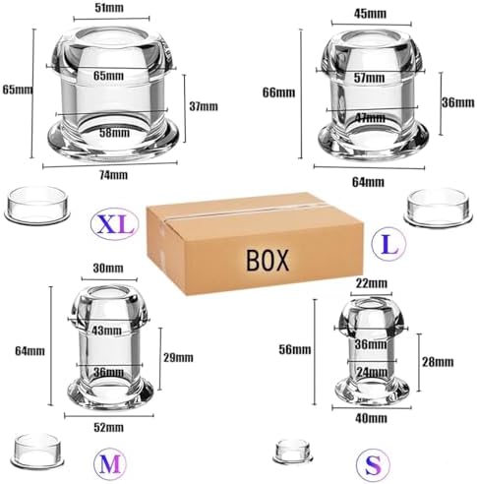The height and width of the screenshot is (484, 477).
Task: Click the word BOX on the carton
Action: click(x=268, y=260)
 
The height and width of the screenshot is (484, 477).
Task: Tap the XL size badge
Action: click(x=115, y=223)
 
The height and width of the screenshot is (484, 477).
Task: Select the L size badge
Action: click(x=389, y=243)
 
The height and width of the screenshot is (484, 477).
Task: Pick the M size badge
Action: click(x=109, y=463)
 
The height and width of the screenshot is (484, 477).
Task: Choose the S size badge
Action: click(x=373, y=464)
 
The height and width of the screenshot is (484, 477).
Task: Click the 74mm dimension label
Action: click(x=113, y=175)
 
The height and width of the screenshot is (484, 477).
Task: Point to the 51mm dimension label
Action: click(x=109, y=8)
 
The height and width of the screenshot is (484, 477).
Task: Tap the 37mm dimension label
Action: click(x=204, y=106)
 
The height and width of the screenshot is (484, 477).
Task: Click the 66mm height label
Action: click(x=278, y=92)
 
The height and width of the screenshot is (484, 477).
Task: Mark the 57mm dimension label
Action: click(x=369, y=78)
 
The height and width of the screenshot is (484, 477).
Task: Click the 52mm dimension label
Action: click(x=108, y=427)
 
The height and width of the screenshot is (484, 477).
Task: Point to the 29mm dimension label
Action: click(x=178, y=357)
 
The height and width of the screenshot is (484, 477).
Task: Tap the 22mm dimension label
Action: click(x=372, y=283)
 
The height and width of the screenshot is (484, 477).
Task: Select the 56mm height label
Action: click(x=295, y=349)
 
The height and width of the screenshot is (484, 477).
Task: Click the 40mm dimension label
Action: click(x=371, y=418)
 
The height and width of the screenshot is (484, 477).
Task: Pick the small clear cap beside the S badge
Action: click(x=292, y=452)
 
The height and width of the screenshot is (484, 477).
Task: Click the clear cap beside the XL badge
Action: click(x=37, y=204)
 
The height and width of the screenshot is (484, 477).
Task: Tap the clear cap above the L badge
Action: click(x=440, y=207)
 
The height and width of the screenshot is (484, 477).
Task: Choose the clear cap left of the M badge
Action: click(x=38, y=451)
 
